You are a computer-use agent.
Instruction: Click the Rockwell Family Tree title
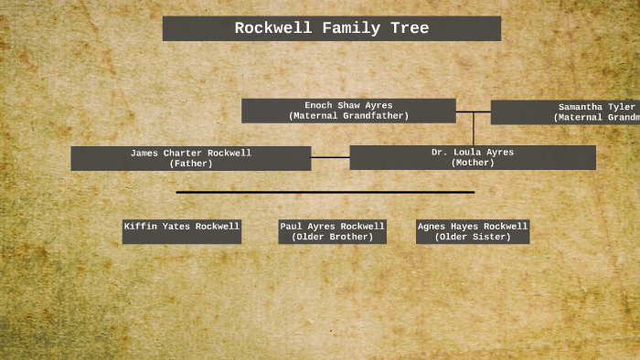(x=331, y=28)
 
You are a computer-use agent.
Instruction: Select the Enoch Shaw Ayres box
(x=348, y=111)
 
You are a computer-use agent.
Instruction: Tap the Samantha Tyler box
(x=565, y=111)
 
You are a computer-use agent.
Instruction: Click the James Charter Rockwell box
(x=190, y=158)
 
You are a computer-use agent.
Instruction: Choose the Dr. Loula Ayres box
(x=472, y=157)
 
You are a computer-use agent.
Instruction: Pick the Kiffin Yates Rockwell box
(x=182, y=231)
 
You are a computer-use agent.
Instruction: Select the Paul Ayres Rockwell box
(x=332, y=231)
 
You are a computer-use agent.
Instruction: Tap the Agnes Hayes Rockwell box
(x=472, y=231)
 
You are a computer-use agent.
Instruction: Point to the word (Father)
(x=190, y=164)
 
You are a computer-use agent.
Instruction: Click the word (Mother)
(x=473, y=163)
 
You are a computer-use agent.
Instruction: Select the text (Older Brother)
(x=332, y=237)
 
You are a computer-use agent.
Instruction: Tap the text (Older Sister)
(x=472, y=237)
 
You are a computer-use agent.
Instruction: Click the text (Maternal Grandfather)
(x=348, y=116)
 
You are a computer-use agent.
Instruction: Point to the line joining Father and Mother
(x=330, y=157)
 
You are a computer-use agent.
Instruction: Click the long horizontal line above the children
(x=325, y=192)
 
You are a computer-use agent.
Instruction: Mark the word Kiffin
(x=141, y=226)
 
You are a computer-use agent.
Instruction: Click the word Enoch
(x=319, y=105)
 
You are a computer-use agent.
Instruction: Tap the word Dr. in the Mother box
(x=439, y=152)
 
